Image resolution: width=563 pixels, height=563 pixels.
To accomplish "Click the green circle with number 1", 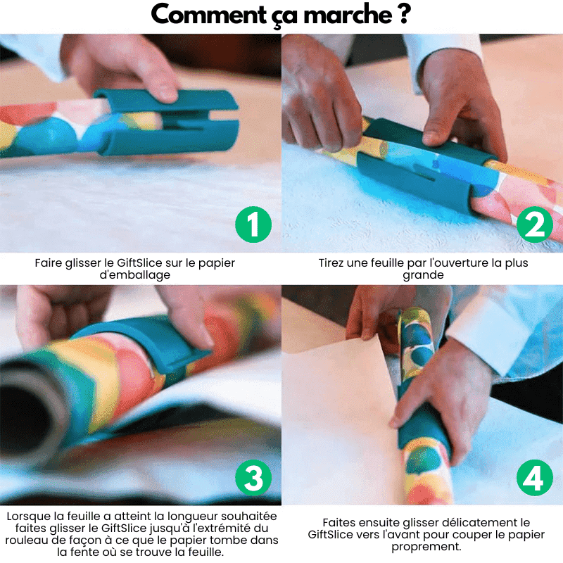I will coord(253,224).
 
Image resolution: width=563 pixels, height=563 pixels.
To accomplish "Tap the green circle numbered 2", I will coord(535,224).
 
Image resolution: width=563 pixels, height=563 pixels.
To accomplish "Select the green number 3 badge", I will coord(253,479).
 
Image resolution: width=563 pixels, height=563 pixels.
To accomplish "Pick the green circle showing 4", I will coord(535,479).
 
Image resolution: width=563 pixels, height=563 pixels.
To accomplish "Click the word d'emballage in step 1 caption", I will coord(135,274).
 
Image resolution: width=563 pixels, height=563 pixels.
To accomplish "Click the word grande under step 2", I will coord(422,274).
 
